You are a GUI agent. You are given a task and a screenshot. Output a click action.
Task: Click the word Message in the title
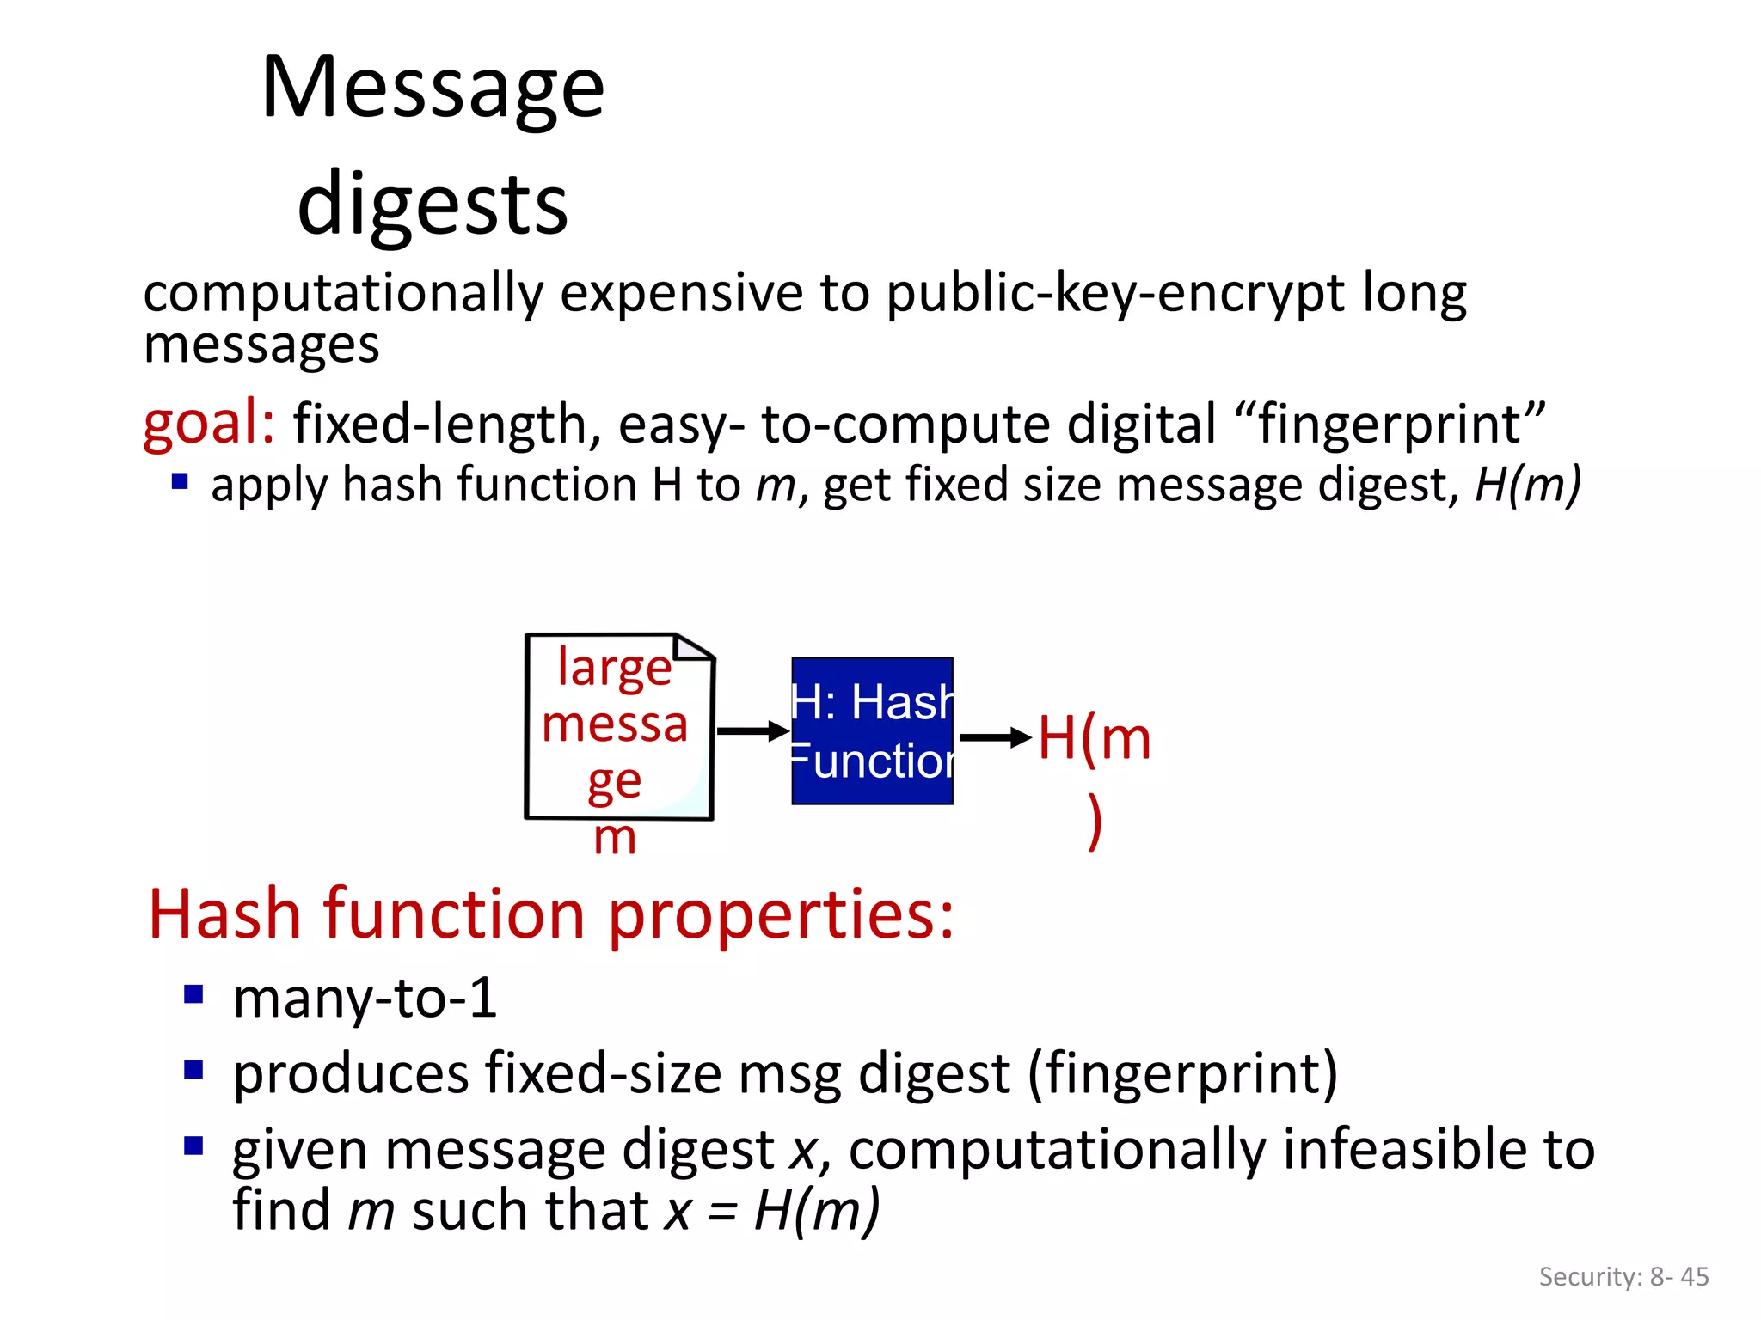pos(433,88)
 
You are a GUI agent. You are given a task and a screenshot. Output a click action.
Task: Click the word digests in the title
pos(433,205)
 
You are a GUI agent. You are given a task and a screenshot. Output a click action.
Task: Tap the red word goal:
pos(209,423)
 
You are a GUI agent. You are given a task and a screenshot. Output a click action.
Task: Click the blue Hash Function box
pos(872,731)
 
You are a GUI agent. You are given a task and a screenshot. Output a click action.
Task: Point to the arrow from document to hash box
pos(752,731)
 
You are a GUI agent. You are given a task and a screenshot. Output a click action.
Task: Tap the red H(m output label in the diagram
pos(1094,739)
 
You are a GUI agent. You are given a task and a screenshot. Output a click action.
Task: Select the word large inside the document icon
pos(614,668)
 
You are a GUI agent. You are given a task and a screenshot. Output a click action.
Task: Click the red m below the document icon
pos(615,838)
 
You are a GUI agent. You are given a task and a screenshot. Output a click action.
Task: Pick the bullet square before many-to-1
pos(193,995)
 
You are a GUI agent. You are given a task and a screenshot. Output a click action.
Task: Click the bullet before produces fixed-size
pos(193,1070)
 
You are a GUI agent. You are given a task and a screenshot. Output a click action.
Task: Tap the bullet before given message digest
pos(193,1146)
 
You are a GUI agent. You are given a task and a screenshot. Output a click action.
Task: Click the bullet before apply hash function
pos(180,481)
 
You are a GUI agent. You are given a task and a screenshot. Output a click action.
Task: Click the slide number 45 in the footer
pos(1694,1277)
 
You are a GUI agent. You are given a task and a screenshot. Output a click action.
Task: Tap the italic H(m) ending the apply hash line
pos(1527,485)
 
